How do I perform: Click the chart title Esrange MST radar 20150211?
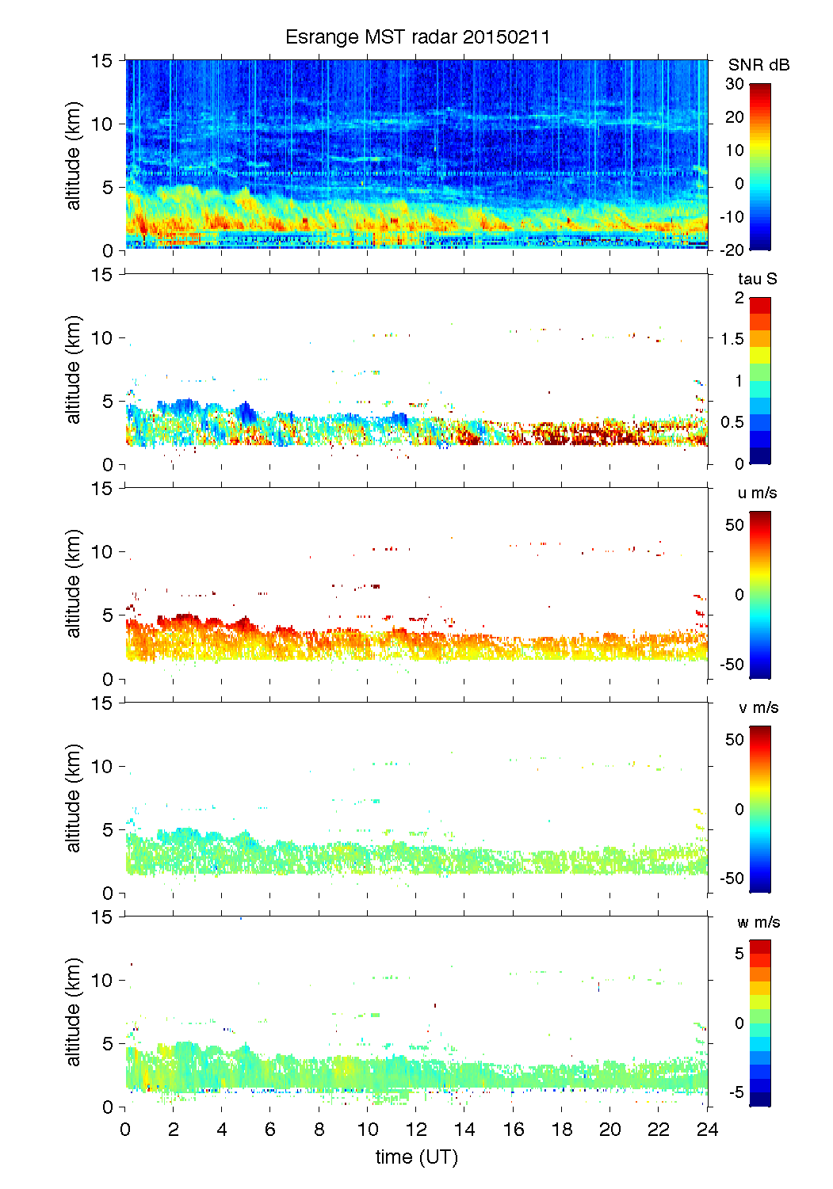(x=417, y=37)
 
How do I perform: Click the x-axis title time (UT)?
(x=416, y=1157)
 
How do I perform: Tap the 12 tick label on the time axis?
(x=416, y=1129)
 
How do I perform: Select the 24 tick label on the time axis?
(x=707, y=1129)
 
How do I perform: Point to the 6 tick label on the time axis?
(x=270, y=1129)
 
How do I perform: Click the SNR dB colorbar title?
(x=758, y=65)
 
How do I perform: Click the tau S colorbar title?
(x=757, y=279)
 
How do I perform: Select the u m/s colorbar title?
(x=757, y=493)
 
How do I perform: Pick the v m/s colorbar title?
(x=758, y=707)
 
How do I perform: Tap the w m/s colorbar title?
(x=758, y=922)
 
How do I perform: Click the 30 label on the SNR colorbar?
(x=735, y=84)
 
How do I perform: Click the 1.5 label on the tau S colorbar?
(x=732, y=339)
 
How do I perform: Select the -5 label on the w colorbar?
(x=736, y=1092)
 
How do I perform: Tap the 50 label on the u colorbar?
(x=735, y=525)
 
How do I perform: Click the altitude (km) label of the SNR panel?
(x=74, y=155)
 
